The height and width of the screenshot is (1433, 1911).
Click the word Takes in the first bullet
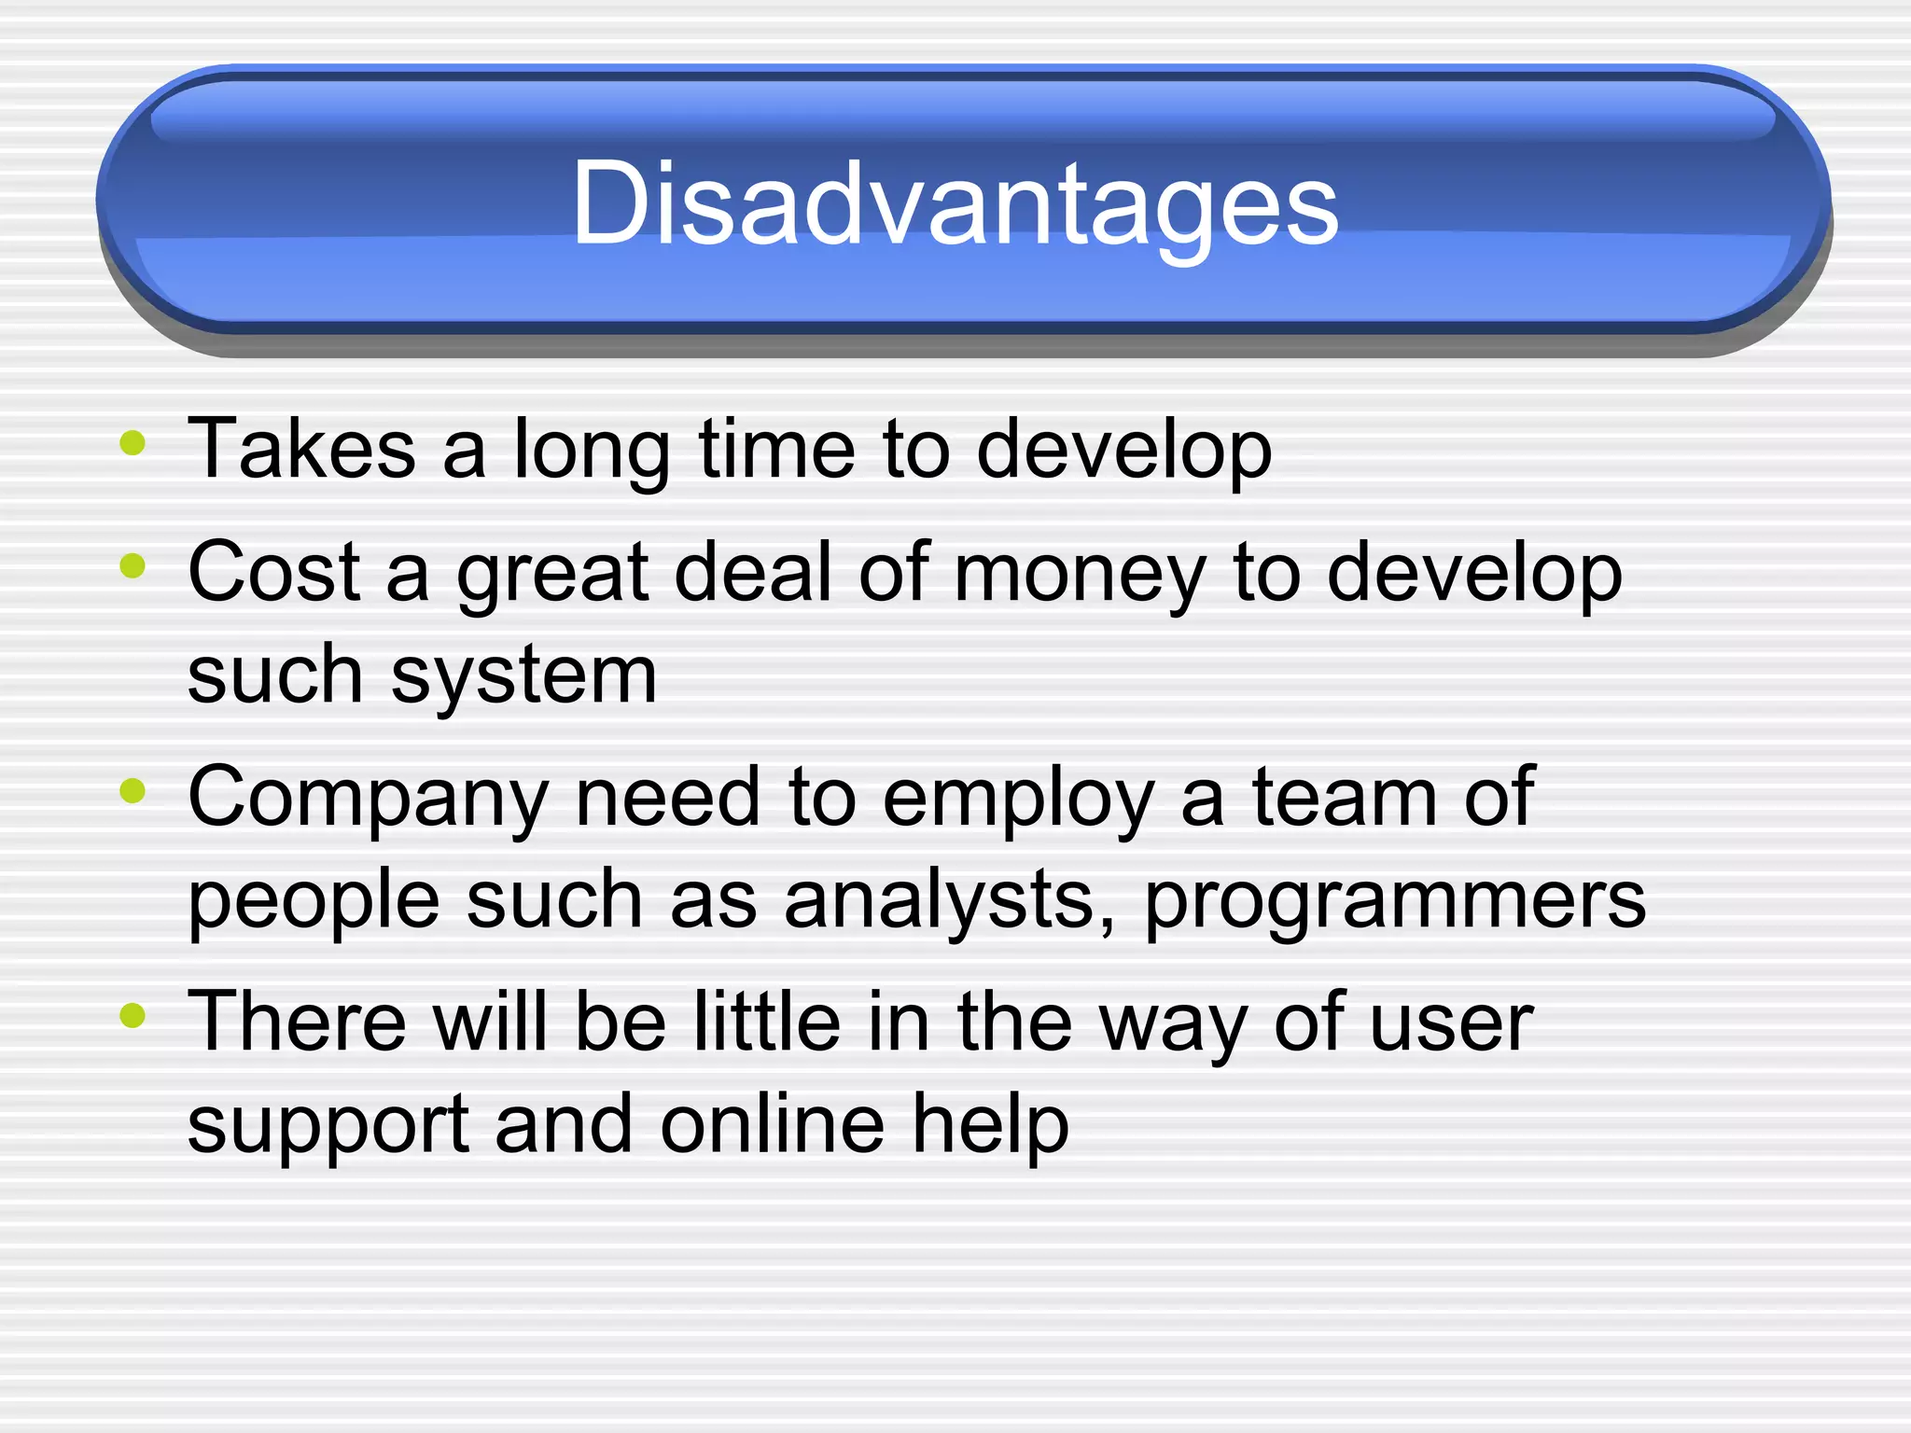coord(300,450)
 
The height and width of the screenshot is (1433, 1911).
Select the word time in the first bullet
coord(776,450)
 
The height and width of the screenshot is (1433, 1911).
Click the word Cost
coord(273,572)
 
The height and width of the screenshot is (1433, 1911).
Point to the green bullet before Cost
coord(133,565)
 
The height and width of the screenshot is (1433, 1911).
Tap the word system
coord(523,676)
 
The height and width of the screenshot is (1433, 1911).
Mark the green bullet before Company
coord(133,791)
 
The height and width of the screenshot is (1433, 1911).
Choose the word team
coord(1346,798)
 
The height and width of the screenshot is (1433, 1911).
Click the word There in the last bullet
coord(297,1022)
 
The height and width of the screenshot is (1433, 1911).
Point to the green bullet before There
coord(133,1015)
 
